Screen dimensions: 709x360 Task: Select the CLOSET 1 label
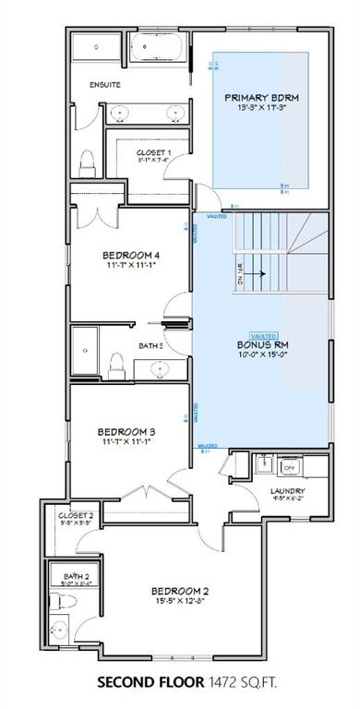[x=154, y=151]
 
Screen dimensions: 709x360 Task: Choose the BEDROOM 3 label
[x=127, y=430]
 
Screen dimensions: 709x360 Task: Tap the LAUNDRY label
[x=288, y=491]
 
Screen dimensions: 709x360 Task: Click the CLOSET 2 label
[x=76, y=516]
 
